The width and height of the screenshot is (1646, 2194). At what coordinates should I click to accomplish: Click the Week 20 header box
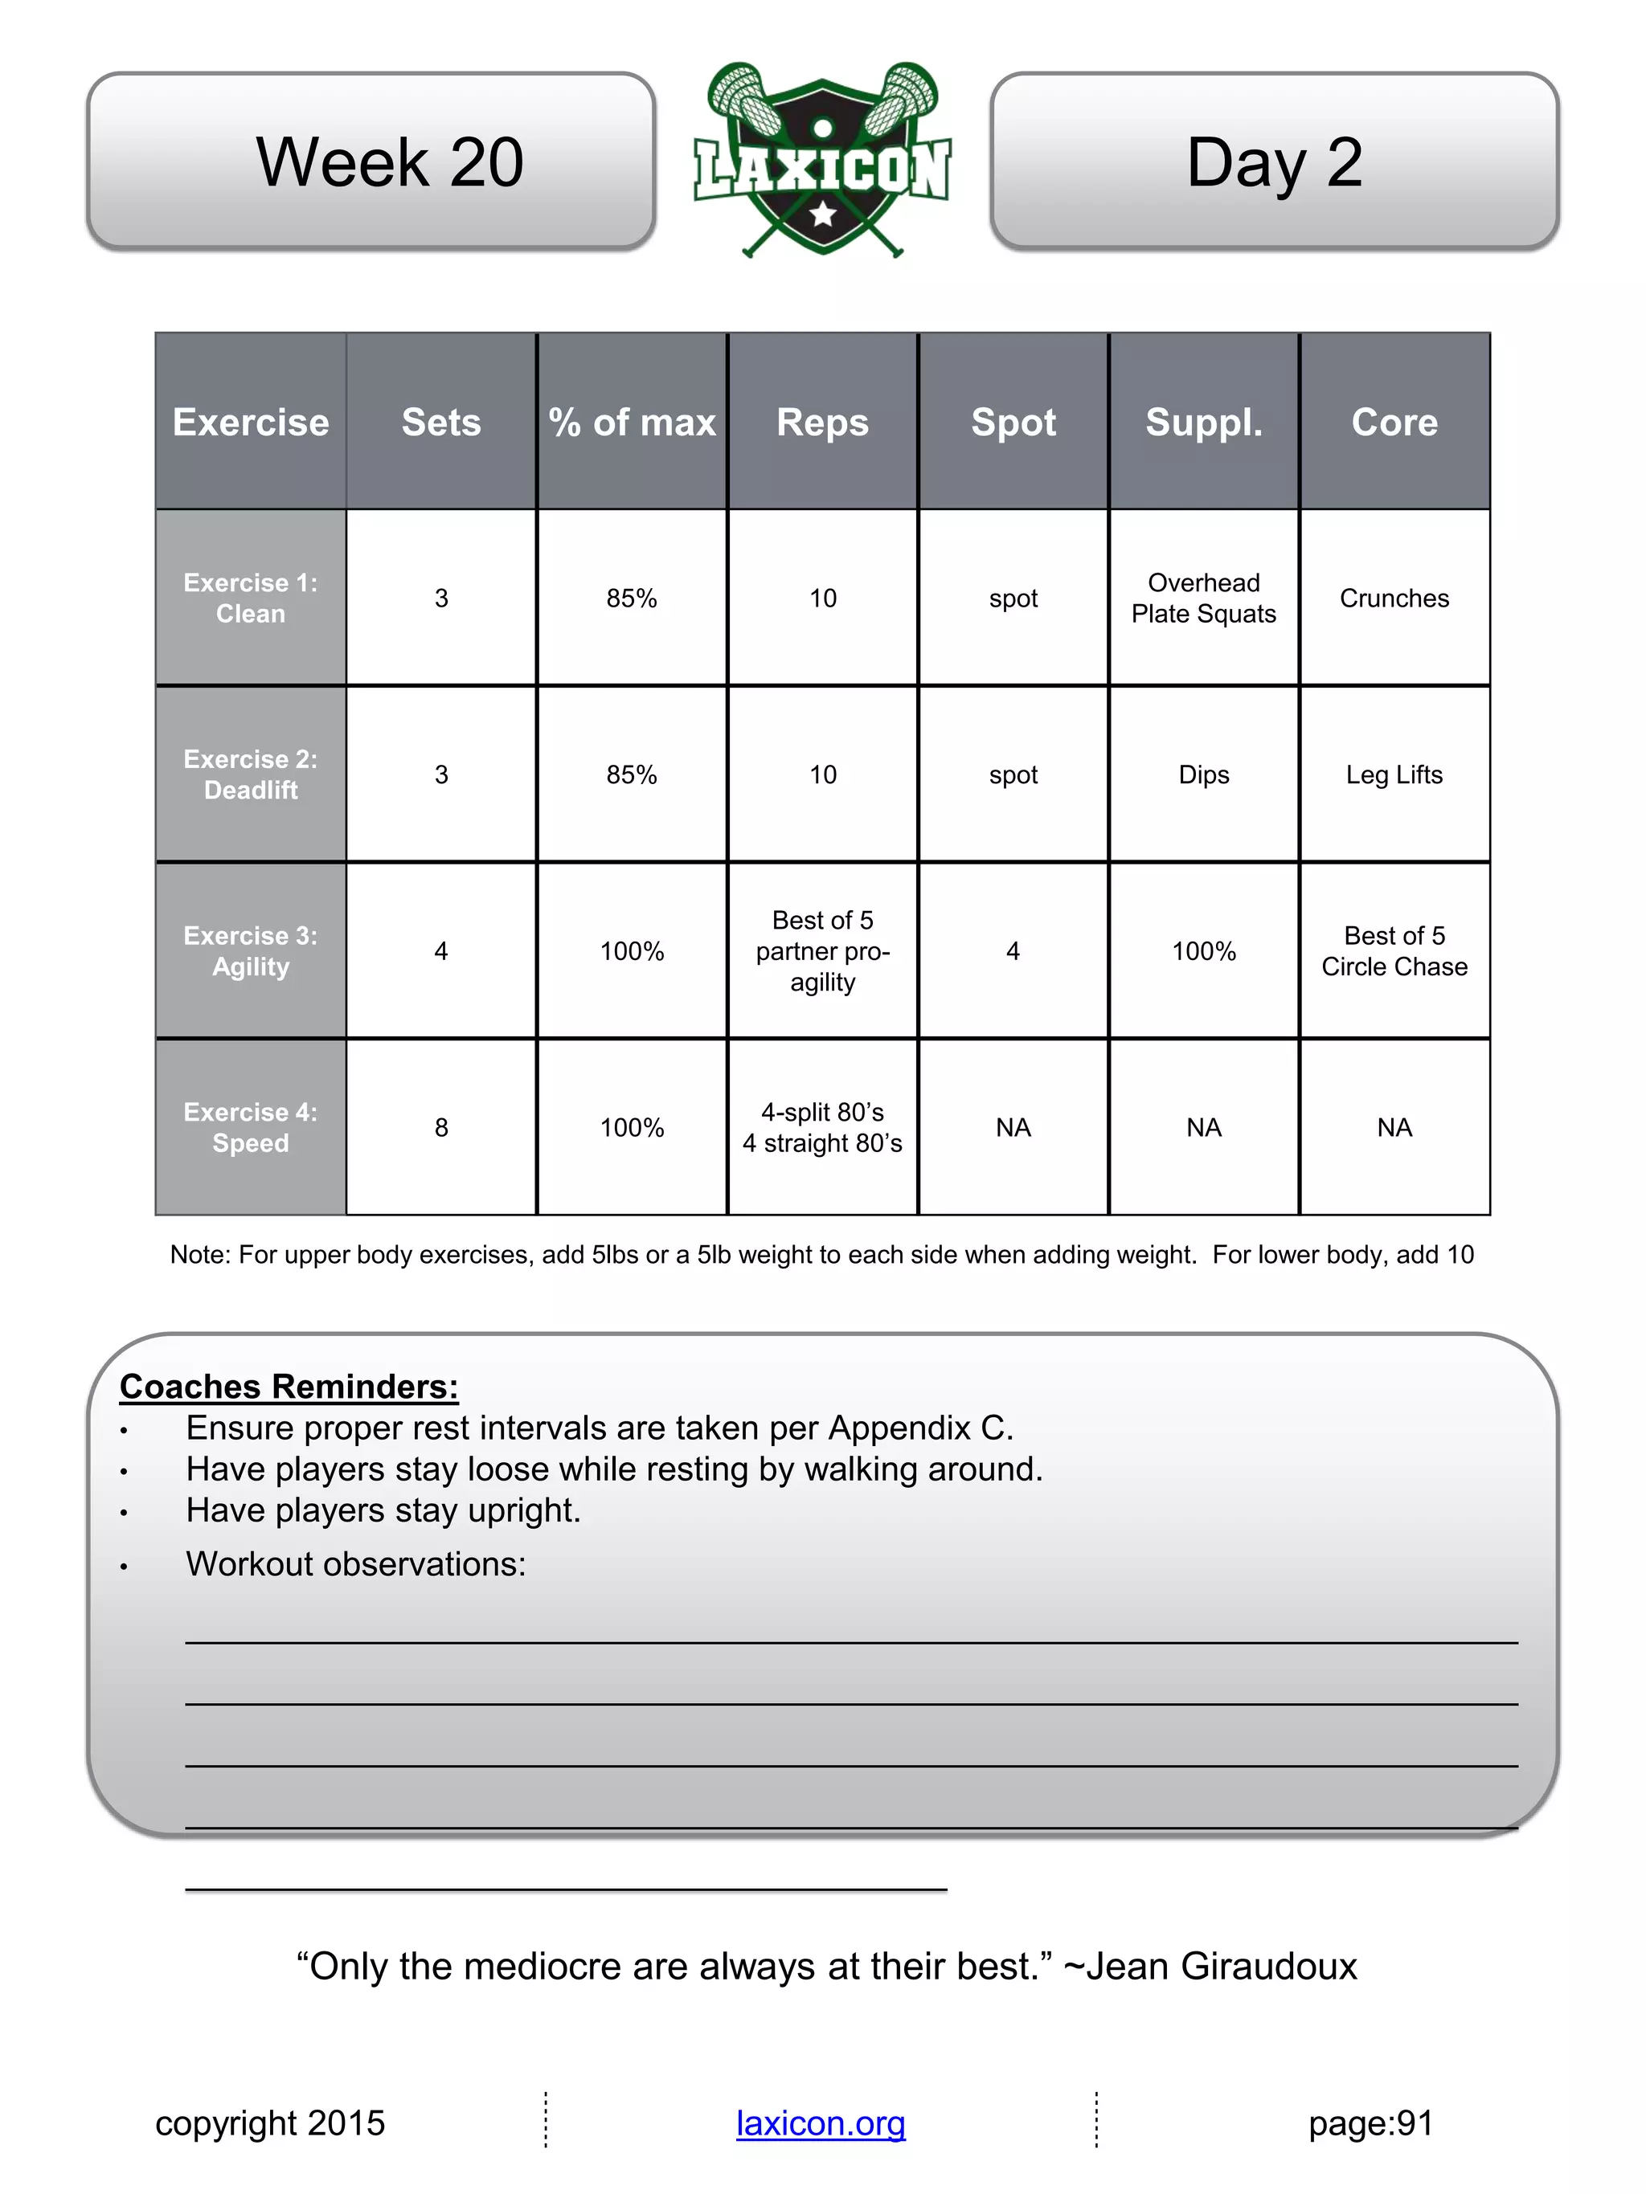point(371,161)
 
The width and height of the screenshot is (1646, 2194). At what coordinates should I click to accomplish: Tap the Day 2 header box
point(1274,161)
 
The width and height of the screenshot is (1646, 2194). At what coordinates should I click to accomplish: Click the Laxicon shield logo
point(822,159)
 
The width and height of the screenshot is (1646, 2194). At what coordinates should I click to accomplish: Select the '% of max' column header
point(632,423)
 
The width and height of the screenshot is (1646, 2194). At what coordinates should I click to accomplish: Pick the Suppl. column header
point(1203,423)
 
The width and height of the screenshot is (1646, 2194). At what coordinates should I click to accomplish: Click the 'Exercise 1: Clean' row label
point(251,598)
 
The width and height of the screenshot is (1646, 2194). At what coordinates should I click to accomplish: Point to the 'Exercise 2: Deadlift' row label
point(251,774)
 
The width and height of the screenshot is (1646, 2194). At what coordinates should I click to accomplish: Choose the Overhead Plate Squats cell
point(1203,598)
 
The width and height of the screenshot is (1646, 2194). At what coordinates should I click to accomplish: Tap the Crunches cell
point(1394,598)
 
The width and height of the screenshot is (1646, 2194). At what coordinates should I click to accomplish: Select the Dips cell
point(1203,774)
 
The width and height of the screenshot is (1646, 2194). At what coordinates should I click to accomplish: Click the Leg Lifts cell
point(1394,774)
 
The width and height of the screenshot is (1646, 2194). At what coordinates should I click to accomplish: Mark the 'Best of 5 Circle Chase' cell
point(1394,951)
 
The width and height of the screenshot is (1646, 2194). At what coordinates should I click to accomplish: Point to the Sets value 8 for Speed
point(441,1128)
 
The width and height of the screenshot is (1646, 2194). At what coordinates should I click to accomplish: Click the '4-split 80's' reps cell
point(822,1128)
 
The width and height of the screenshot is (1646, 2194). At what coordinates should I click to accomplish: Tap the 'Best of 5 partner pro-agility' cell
point(822,951)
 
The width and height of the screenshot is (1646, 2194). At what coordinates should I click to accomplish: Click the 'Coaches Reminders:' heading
point(289,1387)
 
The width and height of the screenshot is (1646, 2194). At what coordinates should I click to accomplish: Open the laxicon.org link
point(821,2123)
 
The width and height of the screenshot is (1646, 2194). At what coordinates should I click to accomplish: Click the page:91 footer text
point(1370,2123)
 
